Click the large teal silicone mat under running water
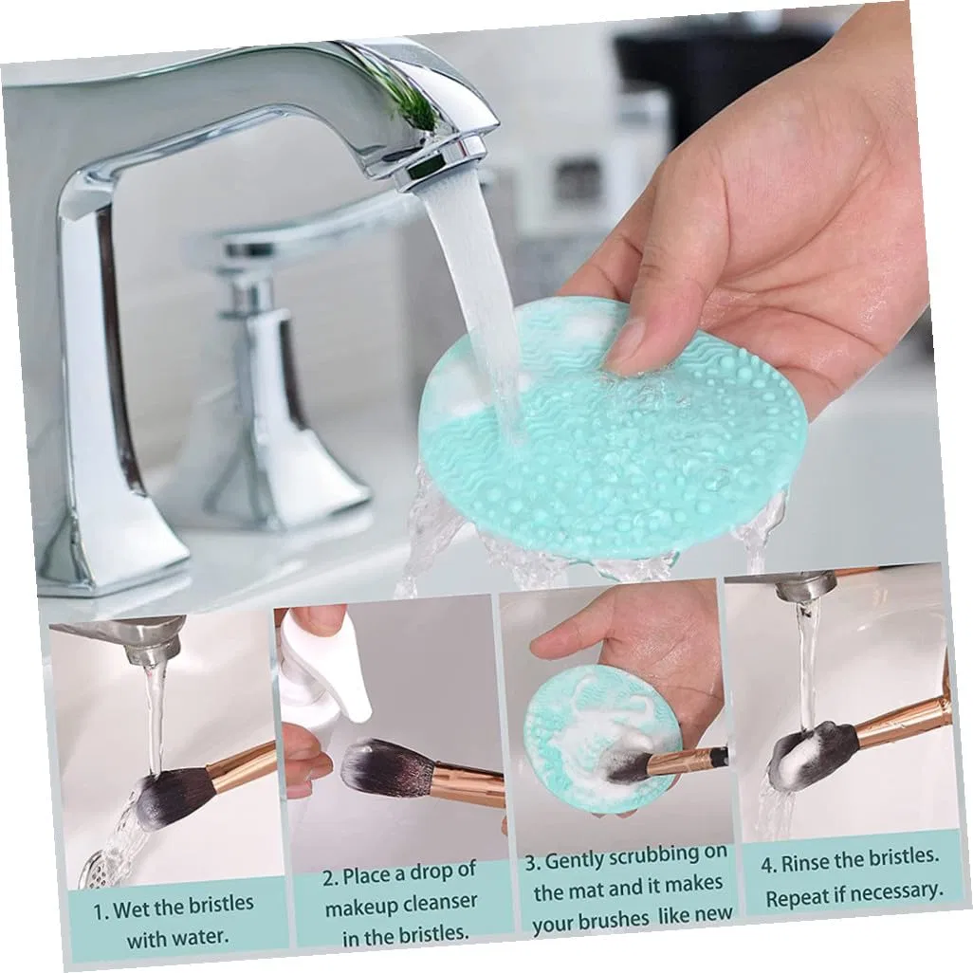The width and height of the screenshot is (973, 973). pyautogui.click(x=612, y=434)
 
